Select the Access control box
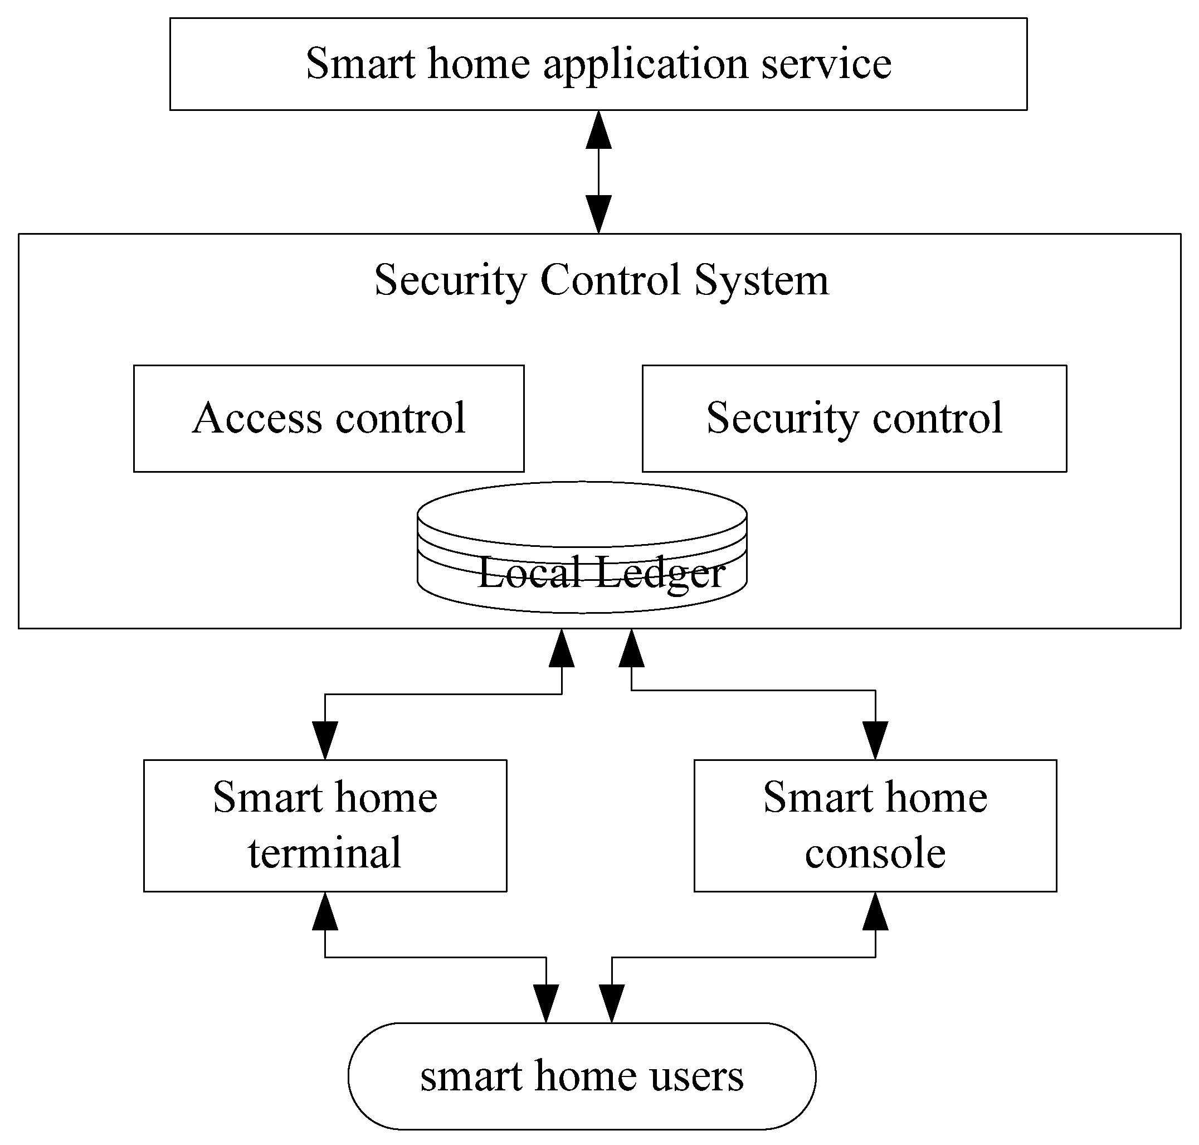(x=328, y=419)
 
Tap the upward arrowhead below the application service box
(x=598, y=130)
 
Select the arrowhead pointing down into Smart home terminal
(x=324, y=740)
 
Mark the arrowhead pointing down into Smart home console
(x=875, y=740)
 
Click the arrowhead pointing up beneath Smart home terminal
(x=324, y=911)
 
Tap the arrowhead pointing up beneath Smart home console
(x=875, y=911)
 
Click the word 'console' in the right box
(x=875, y=853)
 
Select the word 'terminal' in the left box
(x=324, y=853)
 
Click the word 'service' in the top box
(x=826, y=64)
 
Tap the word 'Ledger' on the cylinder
(x=660, y=574)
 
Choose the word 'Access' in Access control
(x=257, y=419)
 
